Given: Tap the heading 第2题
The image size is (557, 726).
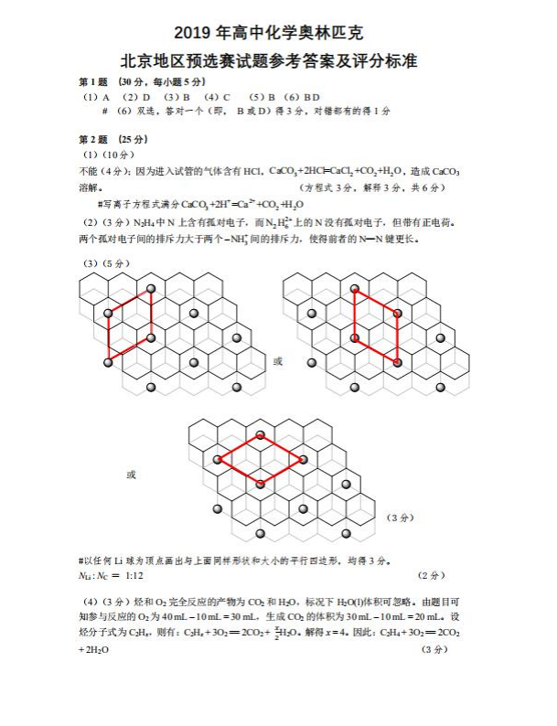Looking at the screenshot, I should click(x=93, y=139).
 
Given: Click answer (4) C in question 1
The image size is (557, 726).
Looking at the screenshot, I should click(x=217, y=96).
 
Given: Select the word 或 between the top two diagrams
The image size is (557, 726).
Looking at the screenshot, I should click(x=278, y=361).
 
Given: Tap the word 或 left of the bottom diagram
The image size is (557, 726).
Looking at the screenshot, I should click(x=131, y=475).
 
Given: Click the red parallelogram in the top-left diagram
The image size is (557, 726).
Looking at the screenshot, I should click(x=129, y=326).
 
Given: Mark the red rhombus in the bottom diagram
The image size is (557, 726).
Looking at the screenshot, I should click(x=261, y=459).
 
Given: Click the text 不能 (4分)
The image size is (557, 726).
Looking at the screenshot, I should click(x=106, y=171).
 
